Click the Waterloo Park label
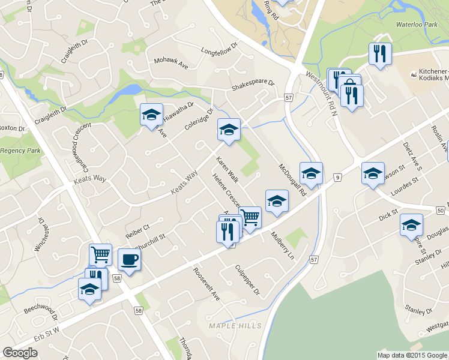tap(415, 25)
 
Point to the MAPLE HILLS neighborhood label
tap(235, 325)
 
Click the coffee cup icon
tap(130, 259)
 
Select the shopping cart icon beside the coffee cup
tap(100, 254)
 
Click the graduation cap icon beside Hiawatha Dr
tap(151, 114)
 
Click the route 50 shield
tap(441, 210)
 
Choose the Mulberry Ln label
tap(283, 245)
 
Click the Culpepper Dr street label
tap(247, 280)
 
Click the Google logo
tap(20, 353)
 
